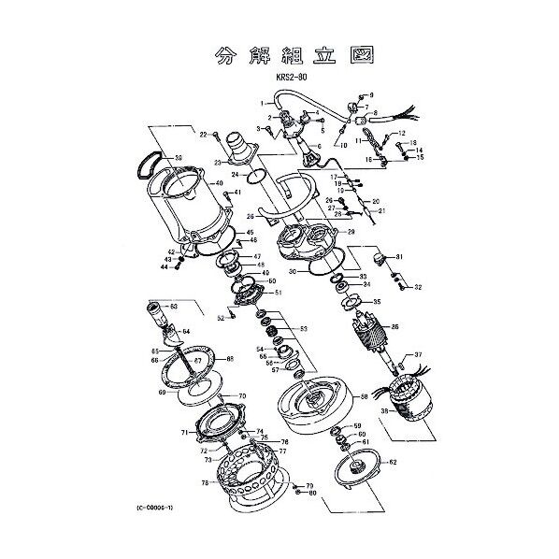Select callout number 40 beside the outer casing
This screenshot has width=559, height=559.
(219, 183)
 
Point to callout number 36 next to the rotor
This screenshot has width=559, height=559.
(394, 327)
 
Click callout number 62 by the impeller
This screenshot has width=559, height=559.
(393, 462)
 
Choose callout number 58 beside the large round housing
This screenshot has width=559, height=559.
(365, 397)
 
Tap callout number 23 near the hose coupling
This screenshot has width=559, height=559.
(218, 163)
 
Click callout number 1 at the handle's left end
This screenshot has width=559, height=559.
(263, 102)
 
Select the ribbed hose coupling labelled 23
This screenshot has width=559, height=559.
(242, 148)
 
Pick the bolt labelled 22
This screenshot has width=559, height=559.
(216, 137)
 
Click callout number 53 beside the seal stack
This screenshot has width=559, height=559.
(303, 329)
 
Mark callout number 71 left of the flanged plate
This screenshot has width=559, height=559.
(185, 434)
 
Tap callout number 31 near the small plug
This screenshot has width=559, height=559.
(398, 257)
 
